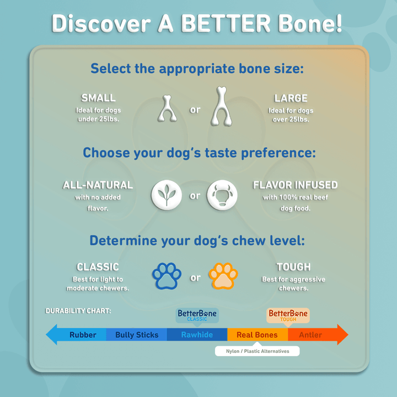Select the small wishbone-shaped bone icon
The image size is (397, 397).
[167, 109]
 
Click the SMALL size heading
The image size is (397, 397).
[99, 98]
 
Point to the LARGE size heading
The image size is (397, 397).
[291, 98]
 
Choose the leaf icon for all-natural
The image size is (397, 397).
[167, 195]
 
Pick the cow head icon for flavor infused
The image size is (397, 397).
[222, 195]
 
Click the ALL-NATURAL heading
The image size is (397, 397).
[98, 185]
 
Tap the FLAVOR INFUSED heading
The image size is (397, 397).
[295, 185]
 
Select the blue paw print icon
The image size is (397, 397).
[167, 277]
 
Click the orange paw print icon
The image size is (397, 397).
[223, 277]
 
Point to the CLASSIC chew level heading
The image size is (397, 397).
[98, 267]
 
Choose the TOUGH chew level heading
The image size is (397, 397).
[293, 267]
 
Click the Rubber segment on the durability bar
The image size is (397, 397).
[83, 335]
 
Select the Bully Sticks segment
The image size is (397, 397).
[137, 335]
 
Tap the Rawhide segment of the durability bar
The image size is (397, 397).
[197, 335]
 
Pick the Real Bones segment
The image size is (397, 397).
[257, 335]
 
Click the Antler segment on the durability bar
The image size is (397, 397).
[310, 335]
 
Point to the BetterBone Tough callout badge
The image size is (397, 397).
[288, 315]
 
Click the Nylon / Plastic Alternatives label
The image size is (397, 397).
[257, 351]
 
